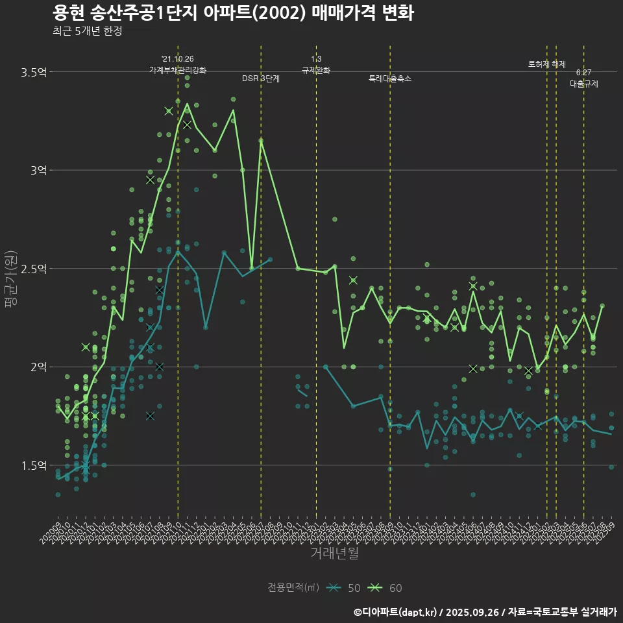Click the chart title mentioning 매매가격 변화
[232, 13]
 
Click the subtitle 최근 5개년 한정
[87, 31]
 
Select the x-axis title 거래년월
[334, 554]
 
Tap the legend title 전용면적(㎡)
[293, 588]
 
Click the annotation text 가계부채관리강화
[178, 70]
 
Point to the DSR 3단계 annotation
[261, 79]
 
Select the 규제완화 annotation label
[316, 70]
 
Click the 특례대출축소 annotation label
[390, 79]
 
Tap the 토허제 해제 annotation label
[547, 64]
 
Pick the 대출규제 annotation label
[584, 84]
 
